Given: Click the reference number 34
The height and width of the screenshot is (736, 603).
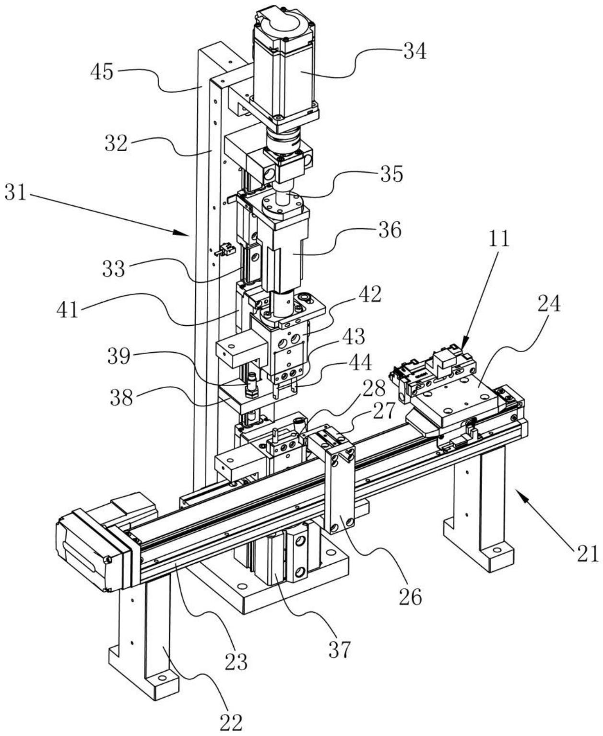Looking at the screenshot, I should pyautogui.click(x=414, y=50).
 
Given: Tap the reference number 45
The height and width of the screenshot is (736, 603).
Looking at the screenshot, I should pyautogui.click(x=102, y=72).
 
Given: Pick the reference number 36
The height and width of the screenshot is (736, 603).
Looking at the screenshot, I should pyautogui.click(x=389, y=230).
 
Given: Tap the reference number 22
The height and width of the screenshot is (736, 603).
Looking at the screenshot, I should pyautogui.click(x=231, y=721).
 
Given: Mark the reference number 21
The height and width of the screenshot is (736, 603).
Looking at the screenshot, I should pyautogui.click(x=588, y=554).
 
